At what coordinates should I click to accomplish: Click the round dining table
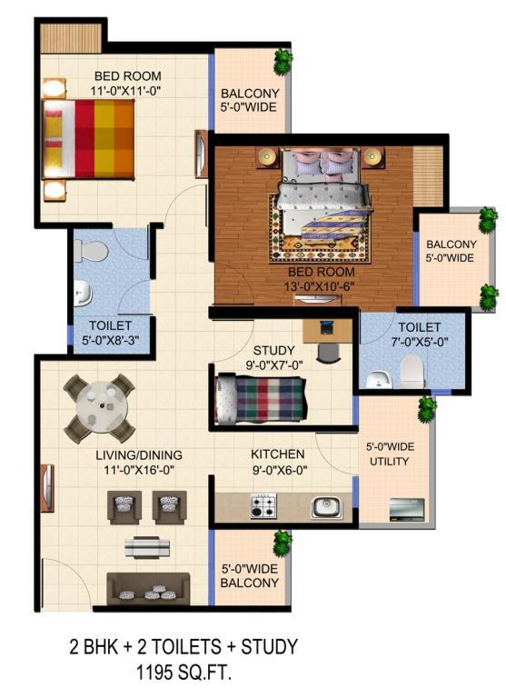coord(102,406)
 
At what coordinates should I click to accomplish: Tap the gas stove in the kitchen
coord(263,505)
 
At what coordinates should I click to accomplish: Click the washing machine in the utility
coord(407,510)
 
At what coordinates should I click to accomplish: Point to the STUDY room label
coord(274,350)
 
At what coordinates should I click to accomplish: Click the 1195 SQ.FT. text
coord(184,673)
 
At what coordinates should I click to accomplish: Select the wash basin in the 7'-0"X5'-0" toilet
coord(378,379)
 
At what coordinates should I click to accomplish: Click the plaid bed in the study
coord(261,399)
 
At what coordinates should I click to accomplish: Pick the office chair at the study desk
coord(329,353)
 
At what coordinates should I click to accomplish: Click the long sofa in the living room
coord(148,589)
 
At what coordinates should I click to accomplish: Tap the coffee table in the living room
coord(147,547)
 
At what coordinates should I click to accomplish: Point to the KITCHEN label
coord(278,454)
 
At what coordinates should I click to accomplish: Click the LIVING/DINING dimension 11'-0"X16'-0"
coord(139,470)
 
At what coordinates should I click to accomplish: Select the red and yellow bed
coord(88,139)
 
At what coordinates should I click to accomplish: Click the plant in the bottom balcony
coord(283,543)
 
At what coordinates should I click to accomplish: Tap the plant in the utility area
coord(427,410)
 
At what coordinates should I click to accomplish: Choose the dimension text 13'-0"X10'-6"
coord(320,286)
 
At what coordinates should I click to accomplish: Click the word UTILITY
coord(389,462)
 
